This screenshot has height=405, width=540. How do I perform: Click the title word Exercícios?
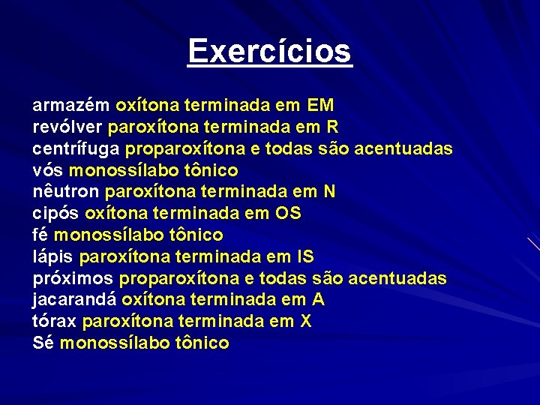[x=270, y=51]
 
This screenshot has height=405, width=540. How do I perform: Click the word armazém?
[x=71, y=105]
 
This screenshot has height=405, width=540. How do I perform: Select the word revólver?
[x=68, y=127]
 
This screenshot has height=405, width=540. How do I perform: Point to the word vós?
[x=47, y=170]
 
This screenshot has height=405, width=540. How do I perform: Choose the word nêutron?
[x=66, y=192]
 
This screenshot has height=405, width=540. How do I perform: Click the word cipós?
[x=56, y=214]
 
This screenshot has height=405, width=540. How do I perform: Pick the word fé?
[x=40, y=235]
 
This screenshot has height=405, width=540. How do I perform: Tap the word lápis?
[x=53, y=257]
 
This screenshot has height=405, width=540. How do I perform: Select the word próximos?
[x=73, y=279]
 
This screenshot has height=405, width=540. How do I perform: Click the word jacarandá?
[x=74, y=301]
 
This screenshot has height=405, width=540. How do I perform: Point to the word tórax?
[x=55, y=322]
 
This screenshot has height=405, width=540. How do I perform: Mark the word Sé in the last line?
[x=43, y=343]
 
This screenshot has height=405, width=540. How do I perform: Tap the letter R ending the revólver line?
[x=333, y=127]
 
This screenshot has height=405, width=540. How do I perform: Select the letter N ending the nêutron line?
[x=329, y=192]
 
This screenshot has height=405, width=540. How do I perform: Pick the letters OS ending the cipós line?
[x=288, y=214]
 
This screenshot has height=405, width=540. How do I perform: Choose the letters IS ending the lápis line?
[x=305, y=257]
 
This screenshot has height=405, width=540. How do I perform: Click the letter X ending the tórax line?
[x=305, y=322]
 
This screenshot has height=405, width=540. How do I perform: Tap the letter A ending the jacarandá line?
[x=319, y=301]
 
